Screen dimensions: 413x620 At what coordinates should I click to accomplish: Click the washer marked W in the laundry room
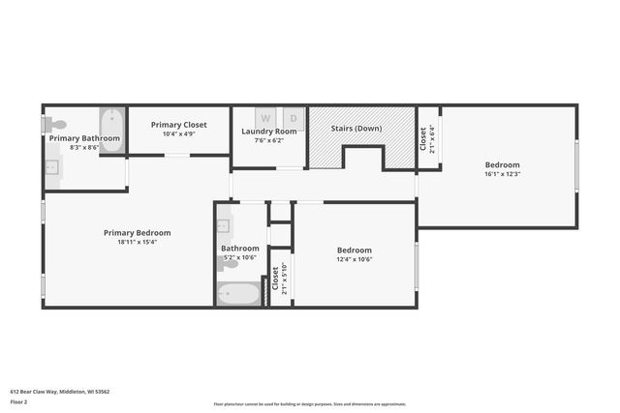point(264,118)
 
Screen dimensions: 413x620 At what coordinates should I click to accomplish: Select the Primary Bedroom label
point(138,232)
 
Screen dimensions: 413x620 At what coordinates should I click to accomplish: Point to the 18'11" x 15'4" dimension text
point(138,242)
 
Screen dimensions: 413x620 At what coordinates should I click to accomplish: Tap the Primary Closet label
point(179,125)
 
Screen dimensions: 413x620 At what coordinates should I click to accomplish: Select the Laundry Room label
point(268,132)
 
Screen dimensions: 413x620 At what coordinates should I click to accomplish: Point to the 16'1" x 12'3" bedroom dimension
point(502,174)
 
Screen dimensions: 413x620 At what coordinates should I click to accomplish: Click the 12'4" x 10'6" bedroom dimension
point(355,258)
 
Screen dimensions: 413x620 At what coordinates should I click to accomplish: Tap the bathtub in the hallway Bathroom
point(238,293)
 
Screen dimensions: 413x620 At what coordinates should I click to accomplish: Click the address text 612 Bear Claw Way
point(59,392)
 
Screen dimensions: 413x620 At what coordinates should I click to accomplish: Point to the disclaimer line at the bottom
point(309,404)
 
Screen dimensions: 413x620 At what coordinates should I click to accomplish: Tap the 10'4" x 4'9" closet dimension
point(179,133)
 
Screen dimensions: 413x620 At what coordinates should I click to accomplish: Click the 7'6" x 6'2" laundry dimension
point(268,140)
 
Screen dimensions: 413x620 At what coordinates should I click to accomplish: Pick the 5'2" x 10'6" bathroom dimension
point(240,257)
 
